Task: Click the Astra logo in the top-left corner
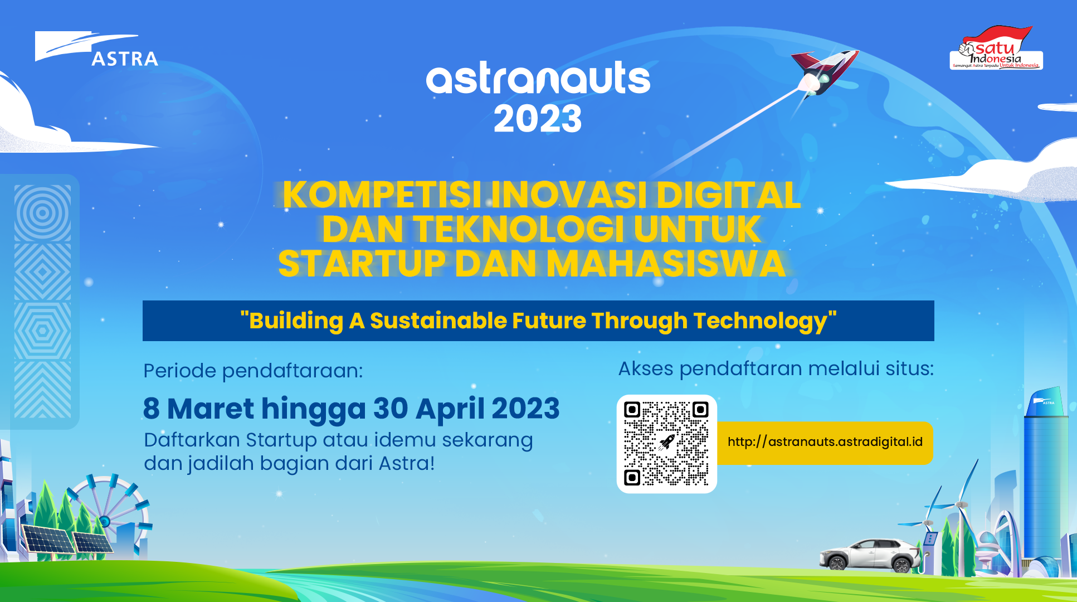96,49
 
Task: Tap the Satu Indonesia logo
996,49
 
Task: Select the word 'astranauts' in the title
538,79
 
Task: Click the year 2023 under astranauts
538,119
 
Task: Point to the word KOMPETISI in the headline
382,195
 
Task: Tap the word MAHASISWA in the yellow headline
666,264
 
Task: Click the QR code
666,444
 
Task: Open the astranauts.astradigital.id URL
825,442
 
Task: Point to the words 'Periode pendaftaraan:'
253,371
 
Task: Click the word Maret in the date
211,409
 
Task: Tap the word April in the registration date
450,410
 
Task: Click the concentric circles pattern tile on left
42,213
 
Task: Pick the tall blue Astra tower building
1045,479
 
